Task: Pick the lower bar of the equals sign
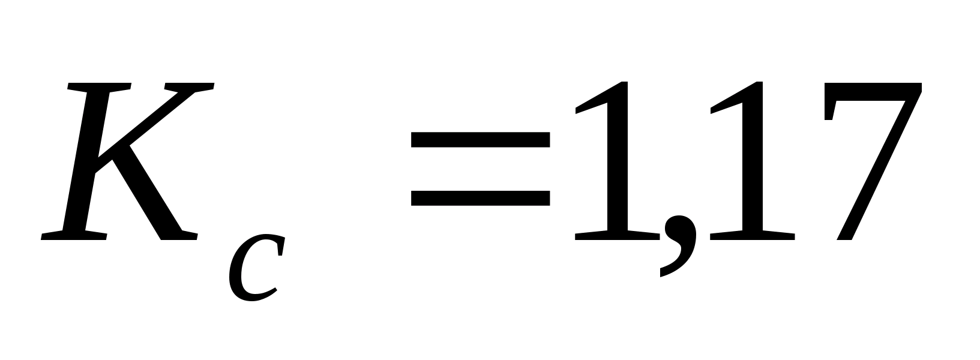pos(480,197)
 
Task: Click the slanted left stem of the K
pos(90,162)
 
